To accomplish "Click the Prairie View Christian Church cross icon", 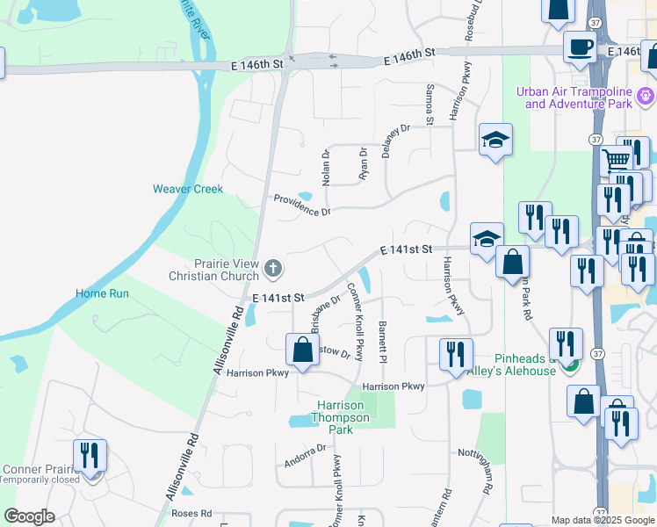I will click(274, 267).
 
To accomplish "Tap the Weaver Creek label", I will click(188, 189).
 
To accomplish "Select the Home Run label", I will click(102, 293).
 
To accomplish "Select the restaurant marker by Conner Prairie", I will click(90, 455).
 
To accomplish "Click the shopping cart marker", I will click(617, 160).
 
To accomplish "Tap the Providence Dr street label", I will click(301, 206).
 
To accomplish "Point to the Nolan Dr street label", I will click(326, 167).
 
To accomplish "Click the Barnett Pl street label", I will click(383, 343).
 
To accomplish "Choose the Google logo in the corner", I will click(29, 516).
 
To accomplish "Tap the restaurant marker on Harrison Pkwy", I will click(456, 354).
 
